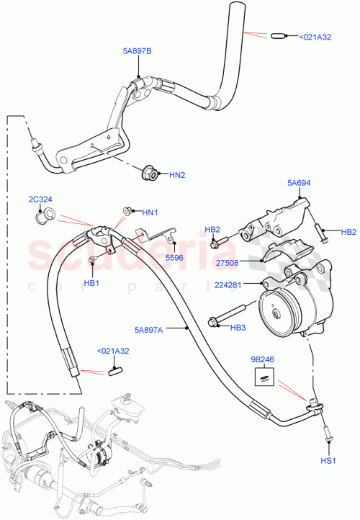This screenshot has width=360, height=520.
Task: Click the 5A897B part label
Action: pyautogui.click(x=135, y=51)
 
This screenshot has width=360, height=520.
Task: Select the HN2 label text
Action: pyautogui.click(x=177, y=174)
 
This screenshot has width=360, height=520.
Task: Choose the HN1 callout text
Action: pyautogui.click(x=149, y=212)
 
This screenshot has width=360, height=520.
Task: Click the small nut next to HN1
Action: pyautogui.click(x=127, y=211)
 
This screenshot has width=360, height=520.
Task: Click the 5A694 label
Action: pyautogui.click(x=300, y=184)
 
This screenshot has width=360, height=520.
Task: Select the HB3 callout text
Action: pyautogui.click(x=238, y=328)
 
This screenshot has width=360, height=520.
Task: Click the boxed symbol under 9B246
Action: pyautogui.click(x=264, y=375)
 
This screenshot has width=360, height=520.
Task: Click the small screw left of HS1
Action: pyautogui.click(x=328, y=436)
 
